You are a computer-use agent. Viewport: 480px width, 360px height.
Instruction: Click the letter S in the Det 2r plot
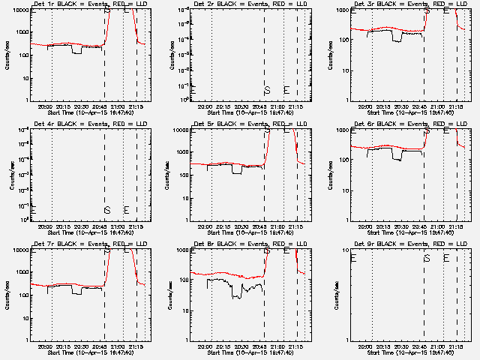(x=267, y=90)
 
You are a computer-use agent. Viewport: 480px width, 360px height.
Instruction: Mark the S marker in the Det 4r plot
(x=107, y=210)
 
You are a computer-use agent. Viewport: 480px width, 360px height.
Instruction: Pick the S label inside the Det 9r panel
(x=427, y=258)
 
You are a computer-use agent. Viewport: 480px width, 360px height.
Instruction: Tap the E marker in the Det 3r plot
(x=446, y=10)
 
